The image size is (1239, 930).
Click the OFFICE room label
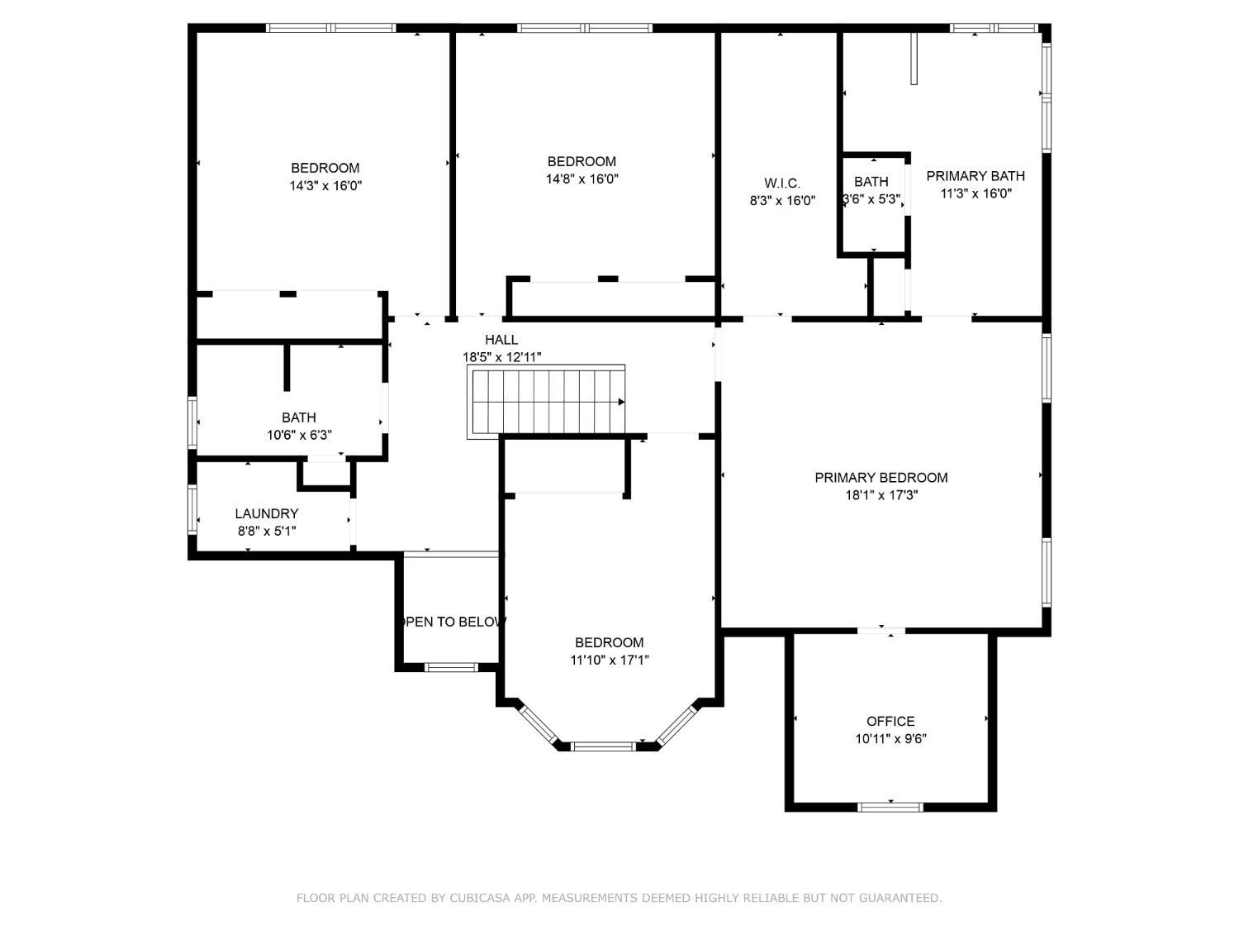point(890,721)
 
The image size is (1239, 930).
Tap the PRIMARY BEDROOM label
point(881,478)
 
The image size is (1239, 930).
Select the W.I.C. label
point(782,183)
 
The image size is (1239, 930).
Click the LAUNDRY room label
point(267,513)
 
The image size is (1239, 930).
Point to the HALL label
point(501,340)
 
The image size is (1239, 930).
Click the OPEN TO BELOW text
point(452,622)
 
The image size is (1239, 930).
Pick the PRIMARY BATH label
point(976,175)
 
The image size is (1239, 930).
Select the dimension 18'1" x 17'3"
point(881,495)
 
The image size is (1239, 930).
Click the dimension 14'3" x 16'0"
point(325,185)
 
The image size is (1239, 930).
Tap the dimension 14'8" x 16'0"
point(582,179)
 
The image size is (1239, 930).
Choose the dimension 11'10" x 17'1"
point(610,660)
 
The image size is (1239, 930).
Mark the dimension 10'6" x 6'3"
point(299,435)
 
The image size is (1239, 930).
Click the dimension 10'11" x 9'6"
point(890,738)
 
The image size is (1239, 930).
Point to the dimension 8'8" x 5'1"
point(267,531)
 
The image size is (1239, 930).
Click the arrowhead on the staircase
point(621,402)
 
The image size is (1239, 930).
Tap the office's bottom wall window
point(890,807)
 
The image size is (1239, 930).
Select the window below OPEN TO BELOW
point(451,667)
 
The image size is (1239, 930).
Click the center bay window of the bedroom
point(604,746)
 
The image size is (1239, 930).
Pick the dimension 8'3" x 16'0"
point(782,200)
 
